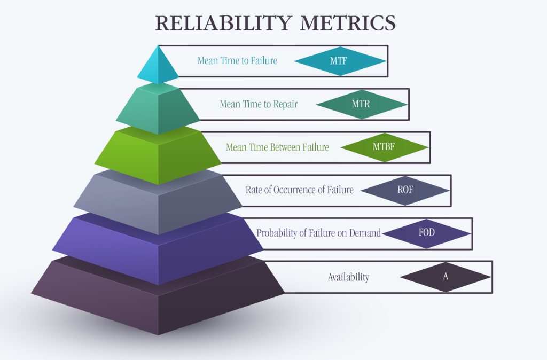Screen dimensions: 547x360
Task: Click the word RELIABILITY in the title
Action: coord(223,22)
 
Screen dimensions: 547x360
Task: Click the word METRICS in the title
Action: coord(348,22)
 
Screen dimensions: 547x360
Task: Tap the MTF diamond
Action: coord(340,61)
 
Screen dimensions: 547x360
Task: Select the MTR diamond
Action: coord(362,104)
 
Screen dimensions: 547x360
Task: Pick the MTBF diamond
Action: coord(385,147)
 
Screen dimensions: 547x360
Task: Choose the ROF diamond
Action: coord(405,191)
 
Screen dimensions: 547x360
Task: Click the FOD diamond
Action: coord(427,233)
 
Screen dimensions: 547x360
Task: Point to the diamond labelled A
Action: coord(446,277)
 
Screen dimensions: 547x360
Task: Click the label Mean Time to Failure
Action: coord(237,61)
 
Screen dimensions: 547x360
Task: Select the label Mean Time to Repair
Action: coord(259,104)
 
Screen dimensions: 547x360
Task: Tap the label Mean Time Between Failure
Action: coord(277,147)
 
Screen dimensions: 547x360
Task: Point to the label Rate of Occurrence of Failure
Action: coord(299,190)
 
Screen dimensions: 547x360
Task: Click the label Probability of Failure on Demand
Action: coord(318,233)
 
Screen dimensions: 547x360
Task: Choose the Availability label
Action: coord(348,277)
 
